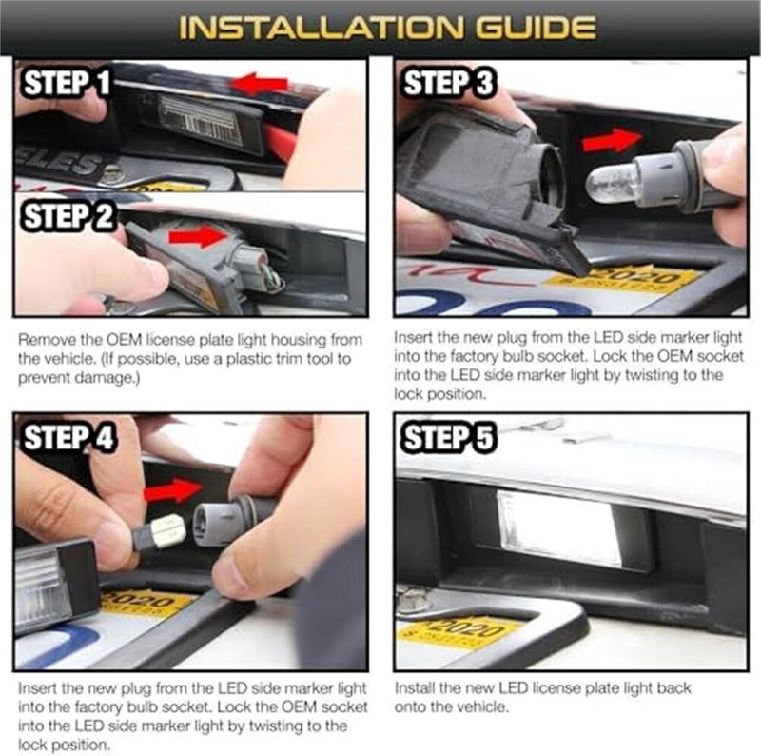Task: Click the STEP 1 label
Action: click(x=65, y=83)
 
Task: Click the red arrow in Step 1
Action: click(x=260, y=84)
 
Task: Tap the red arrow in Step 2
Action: click(x=199, y=237)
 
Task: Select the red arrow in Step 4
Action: click(x=172, y=491)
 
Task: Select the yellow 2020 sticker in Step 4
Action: click(x=147, y=604)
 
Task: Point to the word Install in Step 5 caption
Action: click(x=413, y=687)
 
